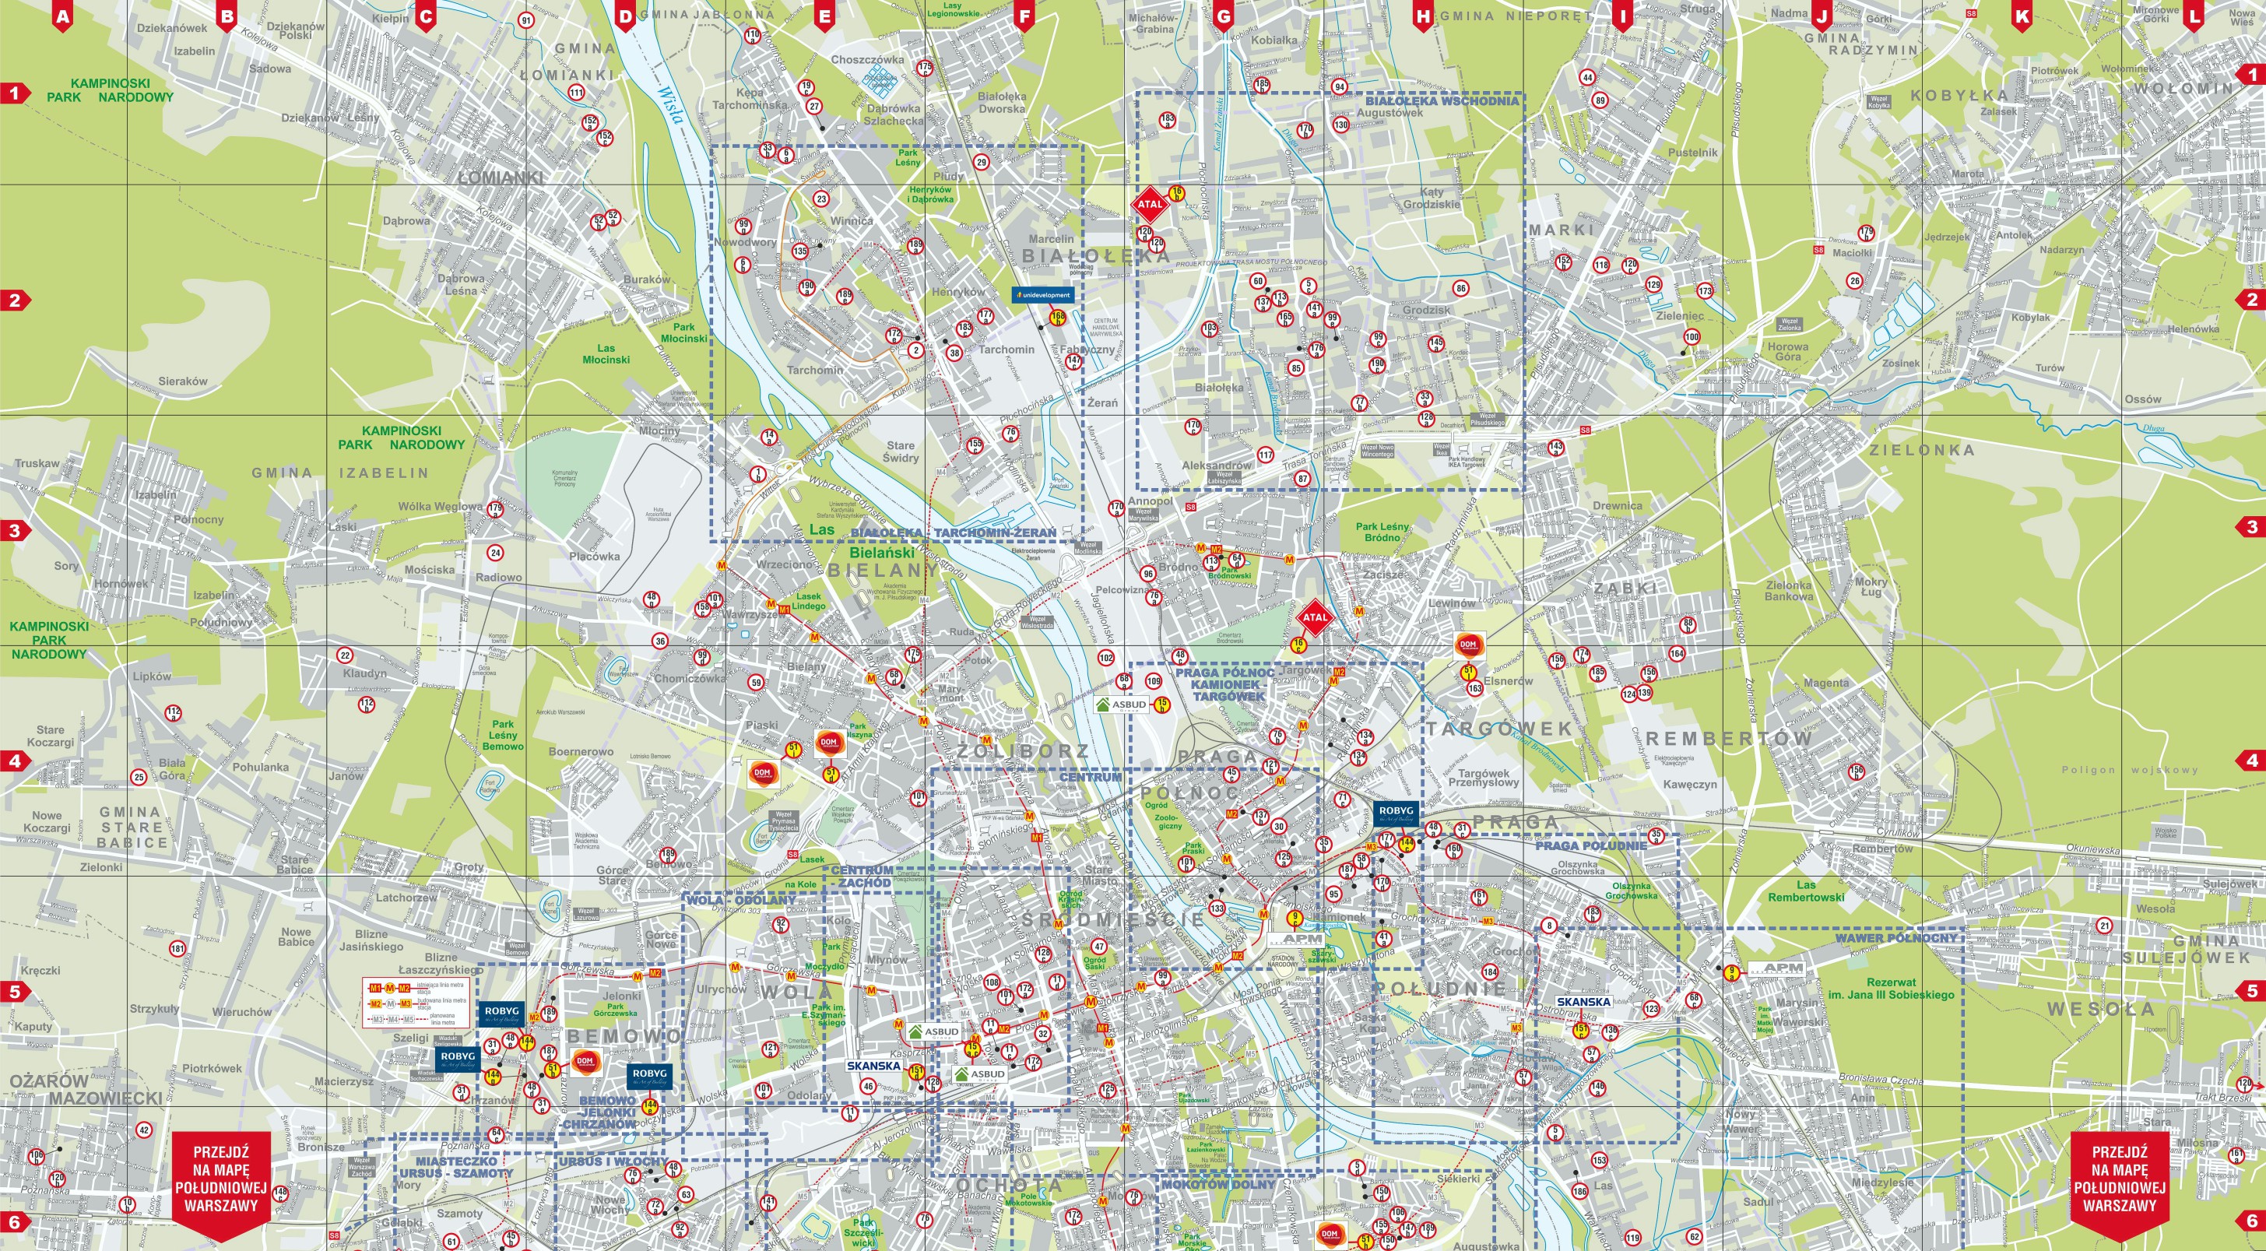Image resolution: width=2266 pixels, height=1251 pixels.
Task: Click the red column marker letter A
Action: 61,16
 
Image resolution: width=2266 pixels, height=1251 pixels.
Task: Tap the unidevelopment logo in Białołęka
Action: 1042,296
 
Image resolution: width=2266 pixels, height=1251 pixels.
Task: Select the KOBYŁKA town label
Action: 1959,95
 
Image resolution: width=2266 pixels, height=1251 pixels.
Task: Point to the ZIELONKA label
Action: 1921,449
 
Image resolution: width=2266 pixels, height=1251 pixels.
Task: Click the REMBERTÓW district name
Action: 1729,739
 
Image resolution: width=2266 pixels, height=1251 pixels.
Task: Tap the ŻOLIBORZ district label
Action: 1023,751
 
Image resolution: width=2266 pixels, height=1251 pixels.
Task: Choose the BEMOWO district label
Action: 623,1036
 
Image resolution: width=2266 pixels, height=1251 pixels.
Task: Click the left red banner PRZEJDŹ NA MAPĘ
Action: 221,1179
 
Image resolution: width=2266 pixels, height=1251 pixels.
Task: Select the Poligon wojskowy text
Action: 2129,770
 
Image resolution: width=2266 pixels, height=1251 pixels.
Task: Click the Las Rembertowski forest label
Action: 1806,891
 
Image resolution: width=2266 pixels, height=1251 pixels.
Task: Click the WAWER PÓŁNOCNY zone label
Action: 1895,938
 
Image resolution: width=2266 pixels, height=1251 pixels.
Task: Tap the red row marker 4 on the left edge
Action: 15,760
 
